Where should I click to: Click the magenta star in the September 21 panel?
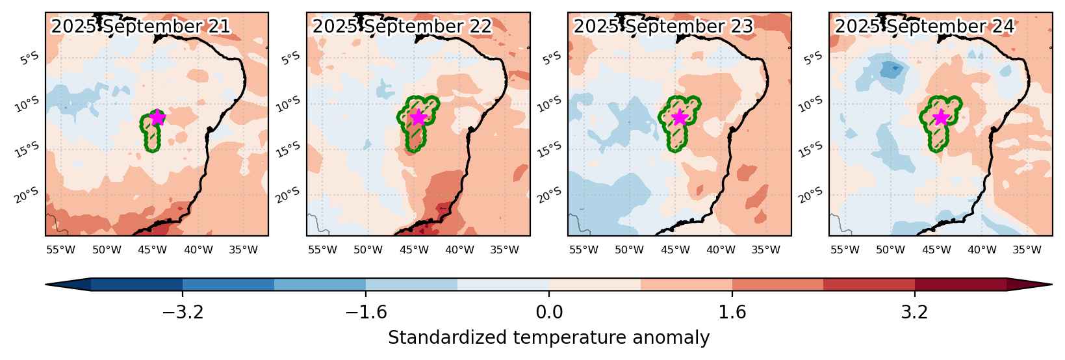pos(157,117)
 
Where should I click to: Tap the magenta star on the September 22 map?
pos(418,117)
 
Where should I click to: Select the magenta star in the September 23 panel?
pos(680,117)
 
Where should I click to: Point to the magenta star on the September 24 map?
pos(942,117)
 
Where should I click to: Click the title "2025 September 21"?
pos(141,26)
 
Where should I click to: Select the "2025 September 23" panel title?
pos(663,26)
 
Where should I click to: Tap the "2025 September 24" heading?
pos(925,26)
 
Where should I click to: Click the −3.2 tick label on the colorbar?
pos(183,313)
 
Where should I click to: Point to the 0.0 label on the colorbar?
pos(549,313)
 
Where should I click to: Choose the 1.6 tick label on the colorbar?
pos(732,313)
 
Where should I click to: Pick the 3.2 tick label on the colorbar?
pos(915,313)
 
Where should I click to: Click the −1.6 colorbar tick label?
pos(366,313)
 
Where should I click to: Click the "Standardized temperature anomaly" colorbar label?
pos(548,338)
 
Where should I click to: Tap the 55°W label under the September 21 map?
pos(61,250)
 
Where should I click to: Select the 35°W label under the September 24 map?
pos(1027,250)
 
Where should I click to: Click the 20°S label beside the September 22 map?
pos(288,195)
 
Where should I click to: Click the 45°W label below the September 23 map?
pos(676,250)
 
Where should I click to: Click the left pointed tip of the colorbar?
pos(46,285)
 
